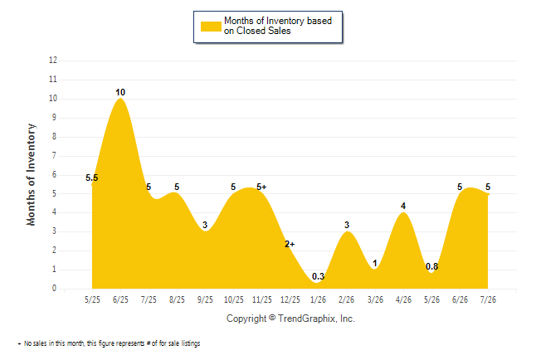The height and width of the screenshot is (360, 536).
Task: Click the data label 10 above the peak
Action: coord(120,92)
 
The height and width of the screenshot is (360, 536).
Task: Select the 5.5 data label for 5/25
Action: coord(91,178)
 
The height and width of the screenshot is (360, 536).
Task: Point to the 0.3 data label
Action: coord(319,276)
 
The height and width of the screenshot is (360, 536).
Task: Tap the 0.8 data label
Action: coord(431,266)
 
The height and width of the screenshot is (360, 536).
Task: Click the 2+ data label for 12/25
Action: coord(290,244)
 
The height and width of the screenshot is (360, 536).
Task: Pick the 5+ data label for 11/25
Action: coord(261,187)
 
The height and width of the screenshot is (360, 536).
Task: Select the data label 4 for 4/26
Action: coord(403,206)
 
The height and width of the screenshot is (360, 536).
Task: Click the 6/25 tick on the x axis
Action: coord(120,299)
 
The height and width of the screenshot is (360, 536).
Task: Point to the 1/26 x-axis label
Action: coord(319,299)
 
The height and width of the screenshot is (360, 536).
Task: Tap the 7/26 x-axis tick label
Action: coord(488,299)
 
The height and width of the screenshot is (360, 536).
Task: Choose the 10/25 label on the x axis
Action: coord(234,299)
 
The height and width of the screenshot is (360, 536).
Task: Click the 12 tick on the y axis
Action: coord(53,61)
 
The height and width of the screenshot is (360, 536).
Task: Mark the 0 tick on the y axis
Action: coord(55,288)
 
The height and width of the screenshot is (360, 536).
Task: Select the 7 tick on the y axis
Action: coord(55,156)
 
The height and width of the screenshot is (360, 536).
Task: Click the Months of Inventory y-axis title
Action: coord(31,175)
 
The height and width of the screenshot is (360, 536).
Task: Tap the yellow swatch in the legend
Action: coord(211,27)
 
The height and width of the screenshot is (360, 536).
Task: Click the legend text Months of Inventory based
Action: coord(278,21)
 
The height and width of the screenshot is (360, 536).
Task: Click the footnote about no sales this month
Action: coord(109,343)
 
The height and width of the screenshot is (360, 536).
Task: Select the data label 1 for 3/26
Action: coord(375,263)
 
